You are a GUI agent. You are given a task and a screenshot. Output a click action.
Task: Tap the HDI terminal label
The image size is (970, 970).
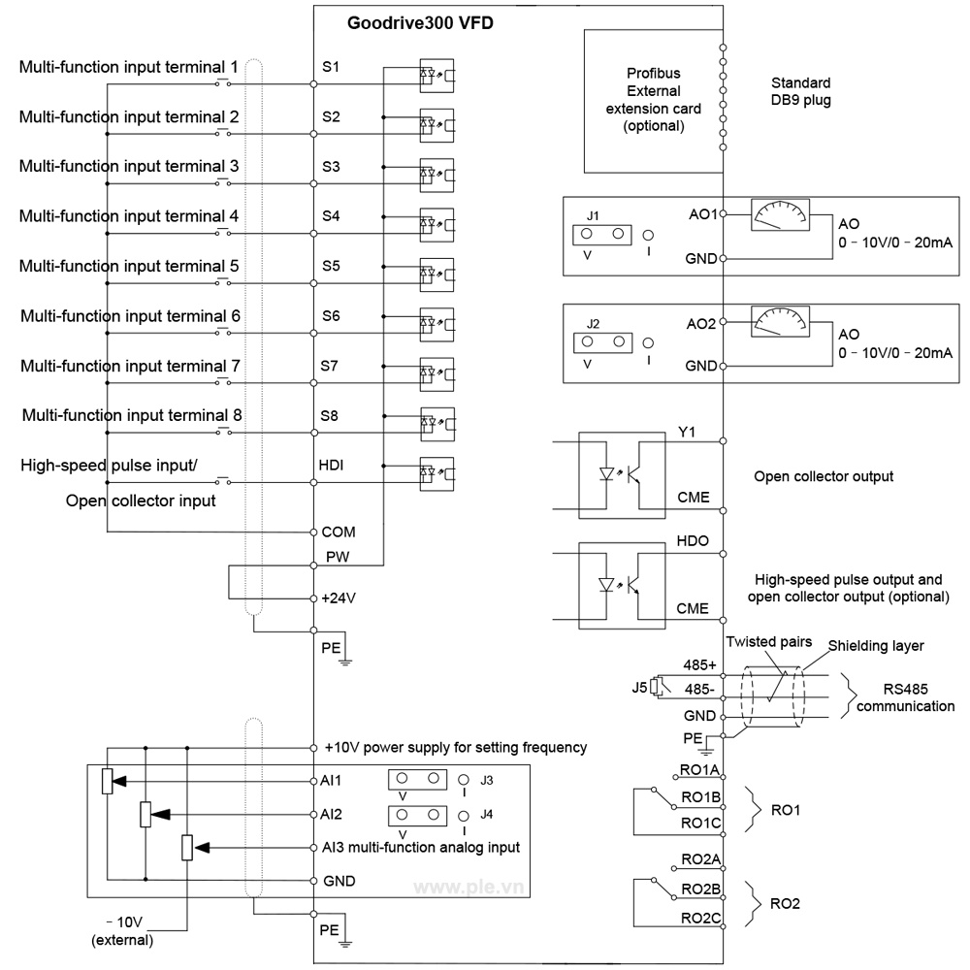[x=332, y=465]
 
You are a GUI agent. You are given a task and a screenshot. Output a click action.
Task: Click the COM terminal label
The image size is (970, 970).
[x=339, y=532]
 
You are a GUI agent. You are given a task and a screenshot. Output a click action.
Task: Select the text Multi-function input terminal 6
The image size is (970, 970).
[x=130, y=316]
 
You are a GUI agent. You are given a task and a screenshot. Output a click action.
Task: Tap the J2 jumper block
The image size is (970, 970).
[x=601, y=341]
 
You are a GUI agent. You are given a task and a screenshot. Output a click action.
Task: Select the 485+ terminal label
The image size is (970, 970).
[x=698, y=665]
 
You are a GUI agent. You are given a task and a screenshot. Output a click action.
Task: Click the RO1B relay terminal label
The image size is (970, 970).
[x=698, y=798]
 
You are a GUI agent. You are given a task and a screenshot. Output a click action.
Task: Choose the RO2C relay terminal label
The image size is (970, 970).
[x=698, y=918]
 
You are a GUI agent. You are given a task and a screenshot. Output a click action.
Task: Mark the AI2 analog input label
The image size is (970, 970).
[x=332, y=814]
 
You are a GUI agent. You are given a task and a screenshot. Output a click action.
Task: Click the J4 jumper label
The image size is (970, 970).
[x=487, y=812]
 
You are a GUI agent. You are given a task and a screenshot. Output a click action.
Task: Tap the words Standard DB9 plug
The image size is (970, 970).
[x=800, y=91]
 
